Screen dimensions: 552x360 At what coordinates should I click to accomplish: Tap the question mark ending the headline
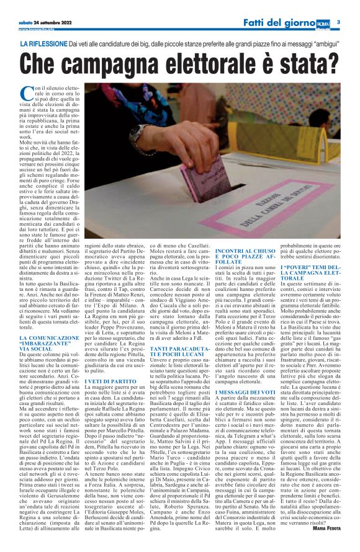click(x=334, y=64)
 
